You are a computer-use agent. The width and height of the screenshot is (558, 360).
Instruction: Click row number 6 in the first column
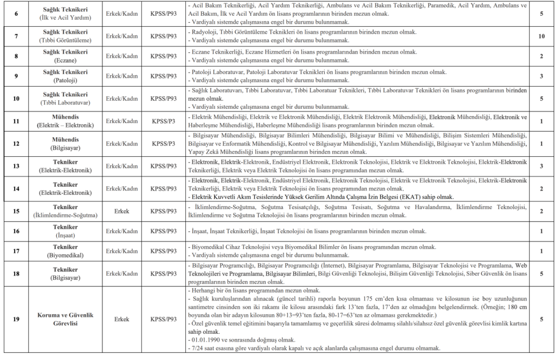coord(16,13)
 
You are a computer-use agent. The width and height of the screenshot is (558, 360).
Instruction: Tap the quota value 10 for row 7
coord(541,36)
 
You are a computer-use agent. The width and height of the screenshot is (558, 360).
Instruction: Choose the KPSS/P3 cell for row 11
coord(163,120)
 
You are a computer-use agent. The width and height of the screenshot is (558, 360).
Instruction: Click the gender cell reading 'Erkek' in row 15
coord(122,211)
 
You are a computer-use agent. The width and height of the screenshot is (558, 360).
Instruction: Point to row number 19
coord(16,319)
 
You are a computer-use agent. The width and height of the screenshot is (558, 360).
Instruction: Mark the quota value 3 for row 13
coord(541,166)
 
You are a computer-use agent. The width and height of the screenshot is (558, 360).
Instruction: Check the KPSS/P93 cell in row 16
coord(163,231)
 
